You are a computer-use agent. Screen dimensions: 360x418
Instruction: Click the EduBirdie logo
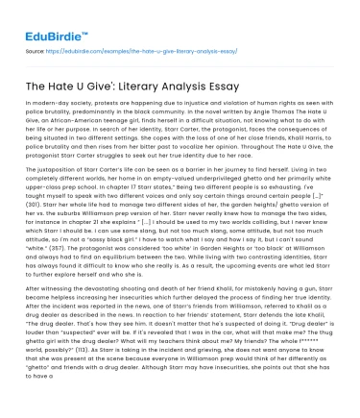click(45, 21)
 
